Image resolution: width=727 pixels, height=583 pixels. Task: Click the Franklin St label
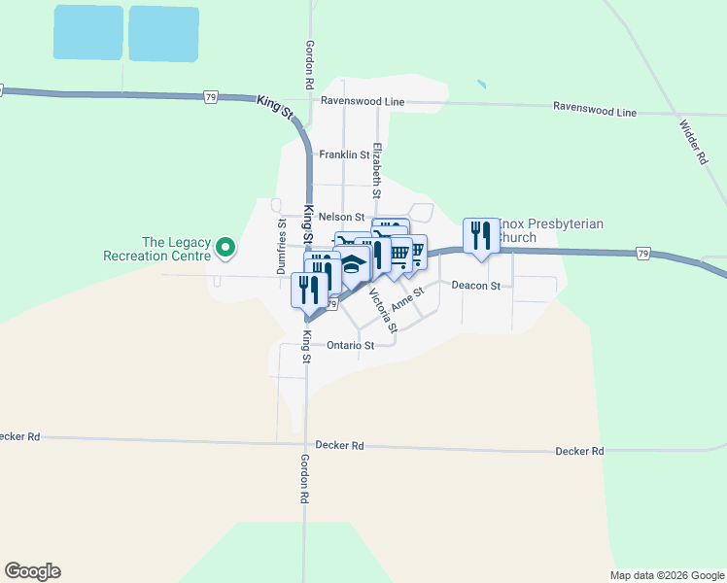point(344,154)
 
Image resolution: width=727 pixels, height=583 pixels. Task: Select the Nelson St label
point(340,217)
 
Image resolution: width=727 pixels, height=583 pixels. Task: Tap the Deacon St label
point(475,286)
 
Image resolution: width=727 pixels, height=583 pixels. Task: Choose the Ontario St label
point(351,345)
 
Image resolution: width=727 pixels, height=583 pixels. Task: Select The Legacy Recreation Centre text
point(176,250)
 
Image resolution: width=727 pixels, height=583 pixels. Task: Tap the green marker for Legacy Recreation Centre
point(225,249)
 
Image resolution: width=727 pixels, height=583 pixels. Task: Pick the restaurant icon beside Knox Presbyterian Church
point(480,235)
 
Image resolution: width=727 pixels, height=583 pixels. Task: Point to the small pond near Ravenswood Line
point(480,86)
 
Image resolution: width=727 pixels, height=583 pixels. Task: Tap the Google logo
point(32,571)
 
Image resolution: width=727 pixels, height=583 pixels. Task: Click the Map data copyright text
point(667,575)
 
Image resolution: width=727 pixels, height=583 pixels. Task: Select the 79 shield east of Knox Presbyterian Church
point(642,254)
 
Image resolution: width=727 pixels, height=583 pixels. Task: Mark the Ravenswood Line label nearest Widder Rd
point(594,110)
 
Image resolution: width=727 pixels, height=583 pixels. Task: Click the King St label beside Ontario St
point(305,348)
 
